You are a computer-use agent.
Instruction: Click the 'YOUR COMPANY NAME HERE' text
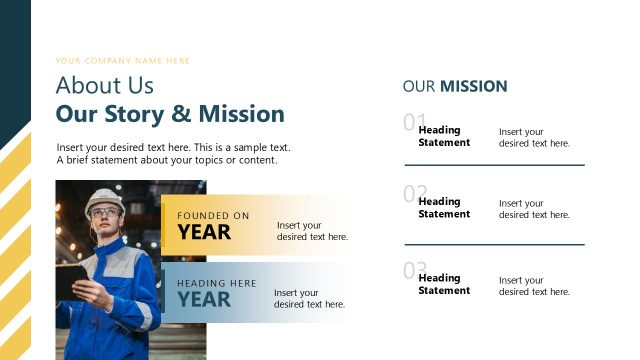122,61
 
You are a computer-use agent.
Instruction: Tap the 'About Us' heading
104,85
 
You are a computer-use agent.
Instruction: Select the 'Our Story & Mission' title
170,113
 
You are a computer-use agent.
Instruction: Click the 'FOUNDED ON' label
213,216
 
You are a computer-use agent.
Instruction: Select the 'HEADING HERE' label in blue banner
217,283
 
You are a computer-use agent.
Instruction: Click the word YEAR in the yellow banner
204,233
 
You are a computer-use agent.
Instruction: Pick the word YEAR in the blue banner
204,299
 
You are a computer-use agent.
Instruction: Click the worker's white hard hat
103,198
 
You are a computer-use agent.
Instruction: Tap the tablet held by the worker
71,280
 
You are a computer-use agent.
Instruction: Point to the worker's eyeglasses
102,212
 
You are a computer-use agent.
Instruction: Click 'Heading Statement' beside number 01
443,136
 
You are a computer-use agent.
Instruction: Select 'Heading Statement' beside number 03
443,284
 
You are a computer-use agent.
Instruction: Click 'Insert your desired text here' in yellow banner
312,231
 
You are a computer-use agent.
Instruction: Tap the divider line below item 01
494,165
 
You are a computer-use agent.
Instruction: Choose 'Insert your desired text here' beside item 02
534,209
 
